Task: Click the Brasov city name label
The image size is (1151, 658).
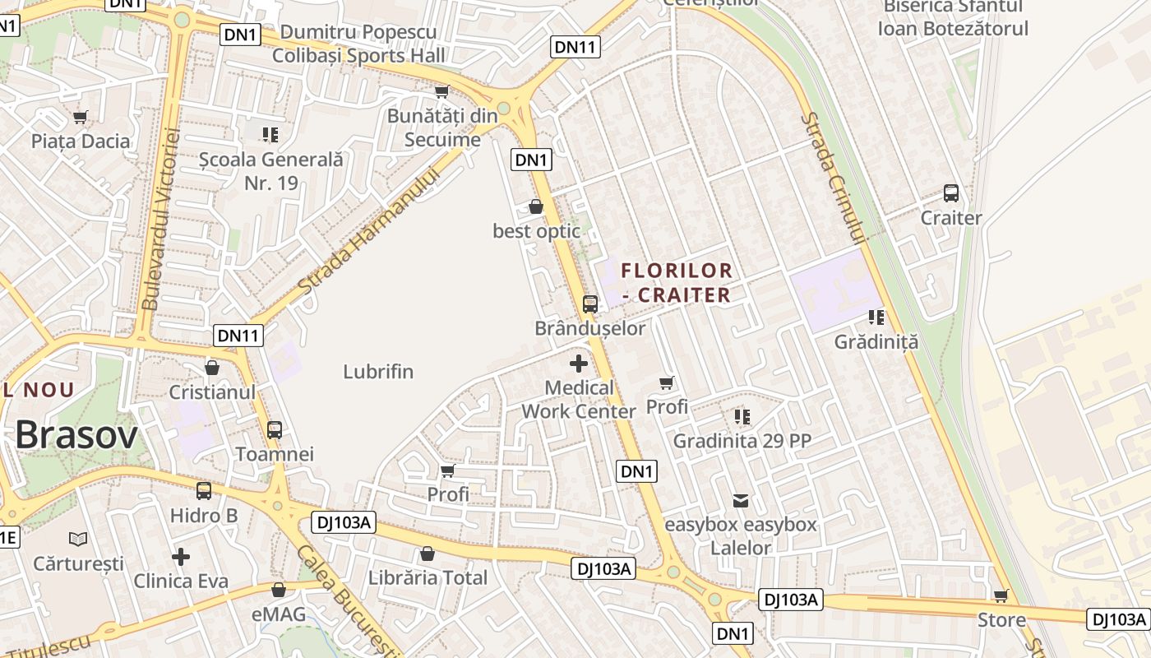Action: tap(76, 434)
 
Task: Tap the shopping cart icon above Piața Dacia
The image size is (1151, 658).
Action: tap(80, 117)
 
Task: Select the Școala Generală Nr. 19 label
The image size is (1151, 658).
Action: tap(270, 171)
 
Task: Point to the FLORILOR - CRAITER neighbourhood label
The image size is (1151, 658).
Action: tap(676, 282)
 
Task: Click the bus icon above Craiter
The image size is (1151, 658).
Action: tap(951, 193)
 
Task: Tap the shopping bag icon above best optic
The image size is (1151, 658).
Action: tap(536, 206)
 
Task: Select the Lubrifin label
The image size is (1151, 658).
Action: tap(378, 372)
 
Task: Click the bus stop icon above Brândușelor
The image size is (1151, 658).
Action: tap(589, 304)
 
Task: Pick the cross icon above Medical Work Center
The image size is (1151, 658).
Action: tap(579, 363)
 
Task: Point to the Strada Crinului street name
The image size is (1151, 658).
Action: tap(834, 178)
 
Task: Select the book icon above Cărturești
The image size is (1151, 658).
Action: tap(78, 539)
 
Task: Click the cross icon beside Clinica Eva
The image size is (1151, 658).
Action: tap(181, 557)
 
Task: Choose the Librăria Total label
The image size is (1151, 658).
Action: tap(428, 577)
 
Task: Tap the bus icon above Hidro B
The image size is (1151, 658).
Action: tap(203, 491)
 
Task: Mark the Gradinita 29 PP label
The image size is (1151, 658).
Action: tap(742, 441)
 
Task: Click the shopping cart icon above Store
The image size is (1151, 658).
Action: tap(1001, 595)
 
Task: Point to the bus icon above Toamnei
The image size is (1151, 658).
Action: tap(275, 429)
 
